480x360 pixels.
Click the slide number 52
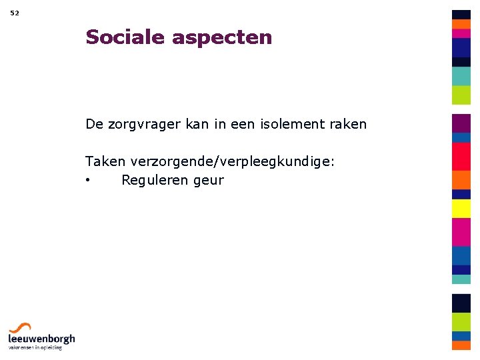[15, 13]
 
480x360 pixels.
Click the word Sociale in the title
[125, 37]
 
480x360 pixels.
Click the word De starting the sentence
[94, 124]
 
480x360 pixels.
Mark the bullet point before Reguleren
[88, 181]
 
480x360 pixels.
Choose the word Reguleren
[155, 180]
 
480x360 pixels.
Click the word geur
[209, 181]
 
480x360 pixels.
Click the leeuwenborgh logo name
[41, 339]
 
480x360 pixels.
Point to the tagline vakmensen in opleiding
[35, 347]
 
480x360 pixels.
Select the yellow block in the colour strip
[461, 209]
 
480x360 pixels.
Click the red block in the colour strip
[461, 157]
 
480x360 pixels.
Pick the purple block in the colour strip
[461, 123]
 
